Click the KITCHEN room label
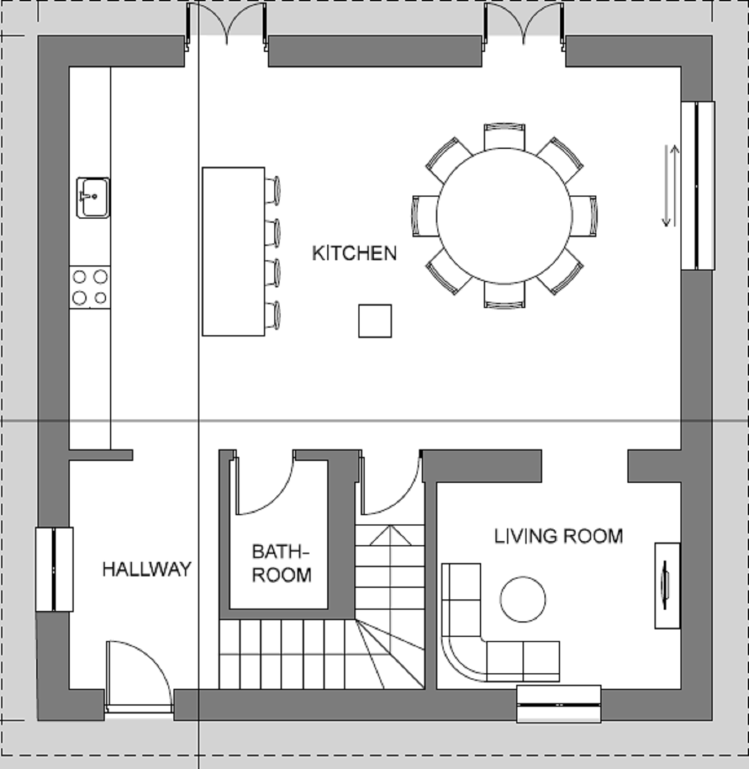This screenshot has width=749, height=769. point(354,253)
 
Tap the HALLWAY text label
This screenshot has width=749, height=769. point(147,569)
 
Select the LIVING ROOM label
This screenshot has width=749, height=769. point(558,536)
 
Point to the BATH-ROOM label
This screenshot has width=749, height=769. point(282,563)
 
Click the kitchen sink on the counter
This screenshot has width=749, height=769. point(93,197)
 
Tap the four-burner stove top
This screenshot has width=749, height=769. point(90,288)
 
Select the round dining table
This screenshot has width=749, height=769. point(504,216)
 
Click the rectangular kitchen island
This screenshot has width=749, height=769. point(234,251)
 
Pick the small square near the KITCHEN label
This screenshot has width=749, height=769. point(375,320)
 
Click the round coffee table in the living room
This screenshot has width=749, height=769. point(523,600)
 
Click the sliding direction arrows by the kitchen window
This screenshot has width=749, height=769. point(671,186)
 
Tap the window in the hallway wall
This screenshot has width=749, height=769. point(54,570)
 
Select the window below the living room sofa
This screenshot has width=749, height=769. point(559,704)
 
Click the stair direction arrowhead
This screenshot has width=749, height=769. point(391,535)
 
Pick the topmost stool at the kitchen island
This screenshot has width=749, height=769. point(273,190)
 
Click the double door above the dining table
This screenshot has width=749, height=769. point(524,24)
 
